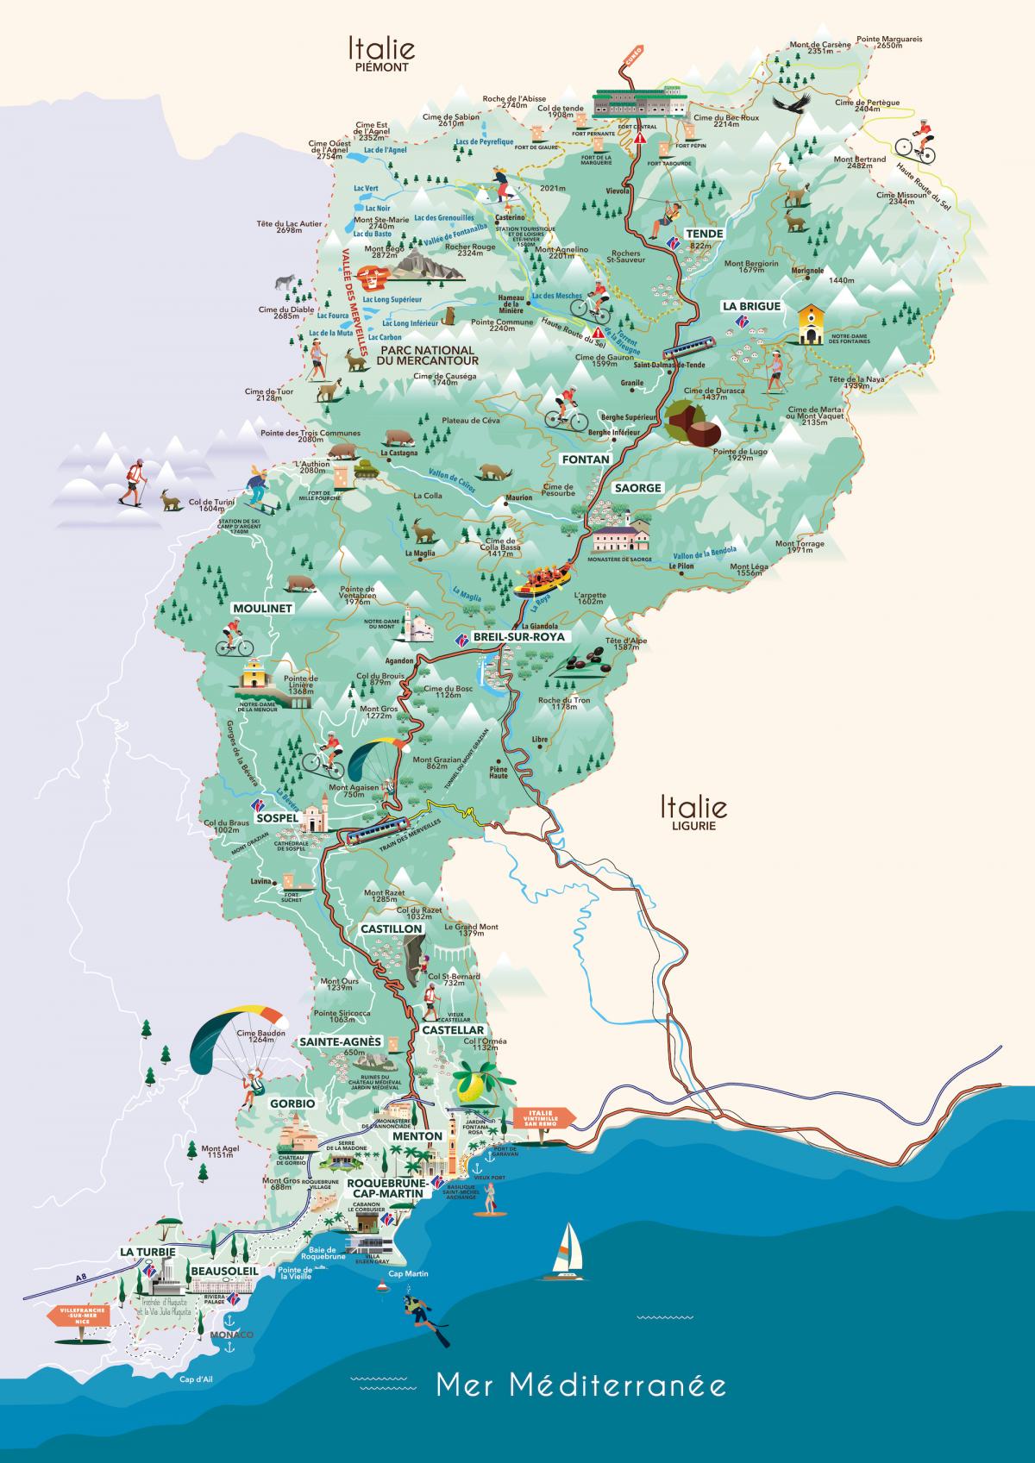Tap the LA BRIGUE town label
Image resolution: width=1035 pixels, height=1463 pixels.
pyautogui.click(x=751, y=306)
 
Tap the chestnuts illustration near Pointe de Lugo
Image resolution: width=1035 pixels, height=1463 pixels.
pyautogui.click(x=693, y=422)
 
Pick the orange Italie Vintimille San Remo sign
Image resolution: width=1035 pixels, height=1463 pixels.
pyautogui.click(x=543, y=1116)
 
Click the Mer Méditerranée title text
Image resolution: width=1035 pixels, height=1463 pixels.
pyautogui.click(x=580, y=1386)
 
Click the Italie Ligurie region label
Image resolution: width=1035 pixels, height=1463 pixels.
pyautogui.click(x=693, y=812)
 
